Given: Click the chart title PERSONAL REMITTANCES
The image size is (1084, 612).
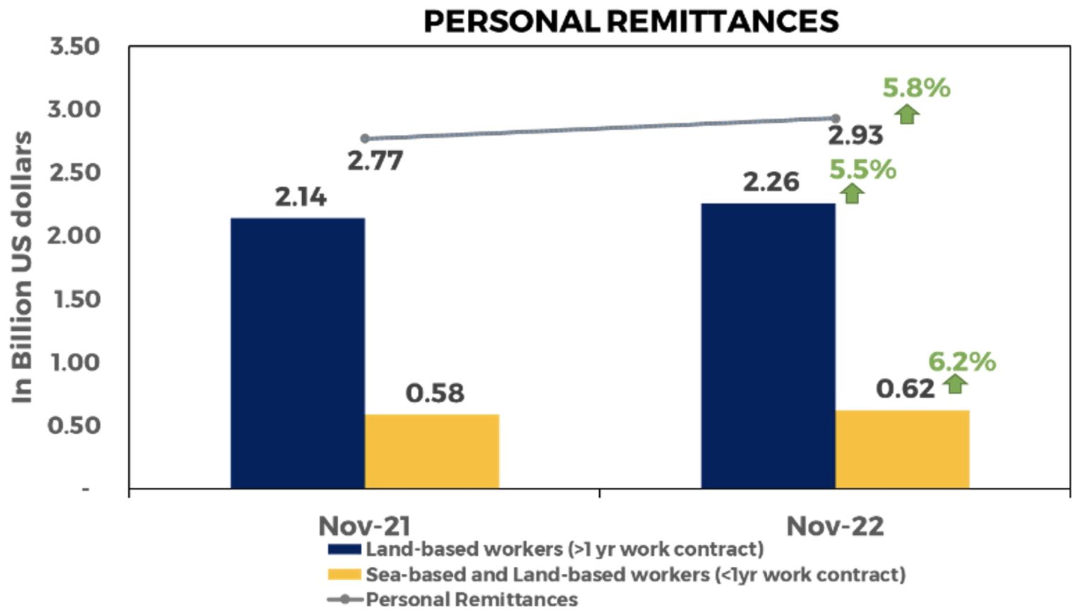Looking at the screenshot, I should click(x=631, y=22).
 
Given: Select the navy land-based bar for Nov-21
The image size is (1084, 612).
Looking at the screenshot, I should click(x=298, y=353).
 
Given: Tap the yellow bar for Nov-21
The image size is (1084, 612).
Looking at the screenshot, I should click(x=432, y=451).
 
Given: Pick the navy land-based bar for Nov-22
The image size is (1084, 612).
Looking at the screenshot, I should click(x=768, y=346).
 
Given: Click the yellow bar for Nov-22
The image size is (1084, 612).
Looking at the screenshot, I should click(x=902, y=449).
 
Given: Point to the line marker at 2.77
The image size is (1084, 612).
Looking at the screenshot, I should click(x=365, y=138).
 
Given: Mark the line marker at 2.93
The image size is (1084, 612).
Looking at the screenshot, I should click(x=836, y=119).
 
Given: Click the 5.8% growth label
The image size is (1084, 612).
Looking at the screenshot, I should click(x=916, y=88).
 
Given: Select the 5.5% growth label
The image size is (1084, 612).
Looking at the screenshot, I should click(x=862, y=169).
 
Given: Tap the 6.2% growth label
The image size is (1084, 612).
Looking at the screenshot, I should click(x=961, y=361).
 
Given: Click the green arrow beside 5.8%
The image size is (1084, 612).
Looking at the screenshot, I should click(x=908, y=114).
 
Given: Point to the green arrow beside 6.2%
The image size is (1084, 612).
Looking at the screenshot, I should click(x=956, y=383).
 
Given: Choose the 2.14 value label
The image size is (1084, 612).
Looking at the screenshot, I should click(x=301, y=197).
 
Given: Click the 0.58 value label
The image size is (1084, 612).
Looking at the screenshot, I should click(x=435, y=393).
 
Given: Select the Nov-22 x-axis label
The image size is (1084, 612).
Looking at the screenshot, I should click(x=835, y=526).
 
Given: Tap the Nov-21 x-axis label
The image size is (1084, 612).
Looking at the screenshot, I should click(x=364, y=526).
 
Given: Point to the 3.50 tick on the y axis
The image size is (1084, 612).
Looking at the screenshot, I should click(x=74, y=47).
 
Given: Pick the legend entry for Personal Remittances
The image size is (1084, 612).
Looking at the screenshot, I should click(x=471, y=599).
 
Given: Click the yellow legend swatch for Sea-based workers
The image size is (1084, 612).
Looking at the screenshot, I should click(x=344, y=575).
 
